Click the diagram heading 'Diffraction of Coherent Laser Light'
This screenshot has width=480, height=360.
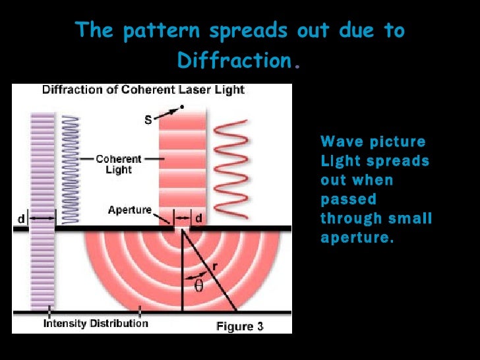tap(143, 90)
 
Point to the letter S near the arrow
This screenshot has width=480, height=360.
tap(148, 119)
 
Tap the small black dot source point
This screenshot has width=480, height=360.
tap(181, 107)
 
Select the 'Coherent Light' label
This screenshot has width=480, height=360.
tap(119, 164)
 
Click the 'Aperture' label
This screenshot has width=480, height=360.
tap(129, 210)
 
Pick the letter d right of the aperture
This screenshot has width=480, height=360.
tap(198, 218)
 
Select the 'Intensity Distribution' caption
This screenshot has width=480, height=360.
tap(96, 323)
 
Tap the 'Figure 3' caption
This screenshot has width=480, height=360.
tap(240, 326)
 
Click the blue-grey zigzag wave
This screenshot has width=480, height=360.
tap(71, 168)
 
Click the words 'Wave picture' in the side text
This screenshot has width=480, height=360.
tap(373, 142)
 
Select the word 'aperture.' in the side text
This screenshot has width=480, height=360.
tap(357, 237)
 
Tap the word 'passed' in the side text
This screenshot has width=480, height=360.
tap(348, 199)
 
